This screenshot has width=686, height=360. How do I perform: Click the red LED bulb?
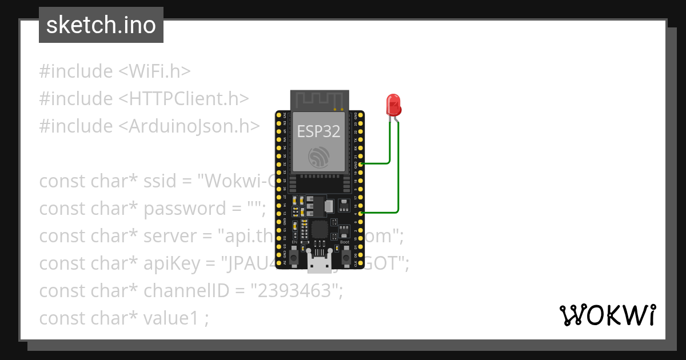coord(394,105)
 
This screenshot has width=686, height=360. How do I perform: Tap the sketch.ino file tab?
coord(101,25)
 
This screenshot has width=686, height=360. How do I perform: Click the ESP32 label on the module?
coord(318,131)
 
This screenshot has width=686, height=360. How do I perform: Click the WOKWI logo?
coord(607,315)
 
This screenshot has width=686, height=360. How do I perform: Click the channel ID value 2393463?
coord(295,291)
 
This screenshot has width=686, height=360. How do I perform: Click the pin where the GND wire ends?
coord(361,165)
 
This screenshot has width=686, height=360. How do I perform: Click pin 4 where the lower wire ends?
coord(361,213)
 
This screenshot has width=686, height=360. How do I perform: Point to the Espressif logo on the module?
coord(318,158)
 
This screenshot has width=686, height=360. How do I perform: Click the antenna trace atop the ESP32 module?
coord(318,101)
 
